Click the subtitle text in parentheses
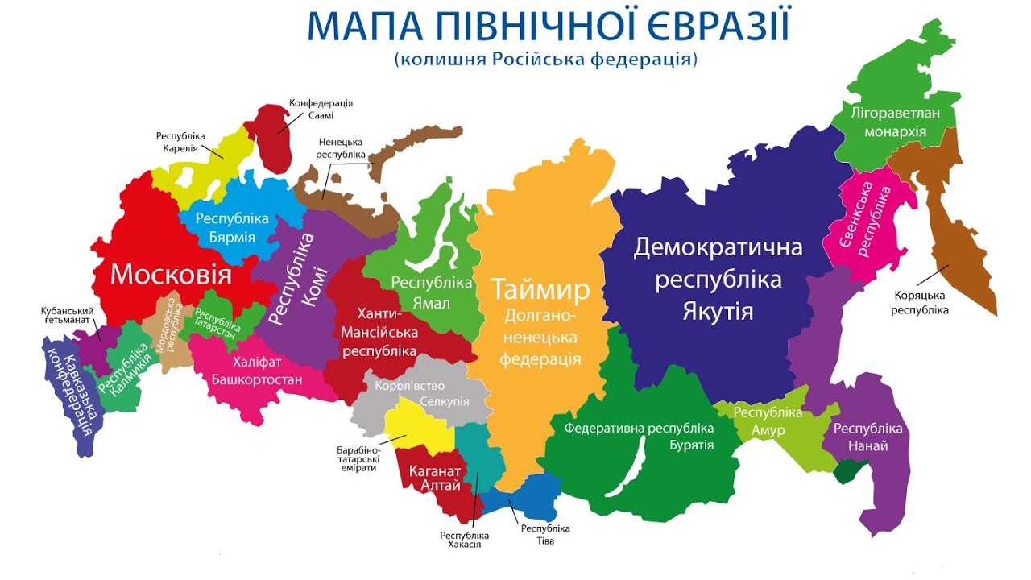(x=545, y=59)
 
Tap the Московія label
(x=171, y=275)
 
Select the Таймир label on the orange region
(x=540, y=289)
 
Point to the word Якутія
(x=718, y=311)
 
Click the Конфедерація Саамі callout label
(x=321, y=110)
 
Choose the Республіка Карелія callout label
(x=181, y=143)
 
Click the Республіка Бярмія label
(x=231, y=228)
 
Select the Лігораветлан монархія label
(x=895, y=122)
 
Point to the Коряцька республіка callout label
(x=920, y=302)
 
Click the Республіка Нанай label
(x=867, y=437)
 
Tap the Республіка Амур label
(x=768, y=421)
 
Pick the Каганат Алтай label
(x=435, y=478)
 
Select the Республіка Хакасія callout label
(x=464, y=540)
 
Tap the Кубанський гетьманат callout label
(x=68, y=315)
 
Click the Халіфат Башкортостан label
(x=257, y=371)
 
